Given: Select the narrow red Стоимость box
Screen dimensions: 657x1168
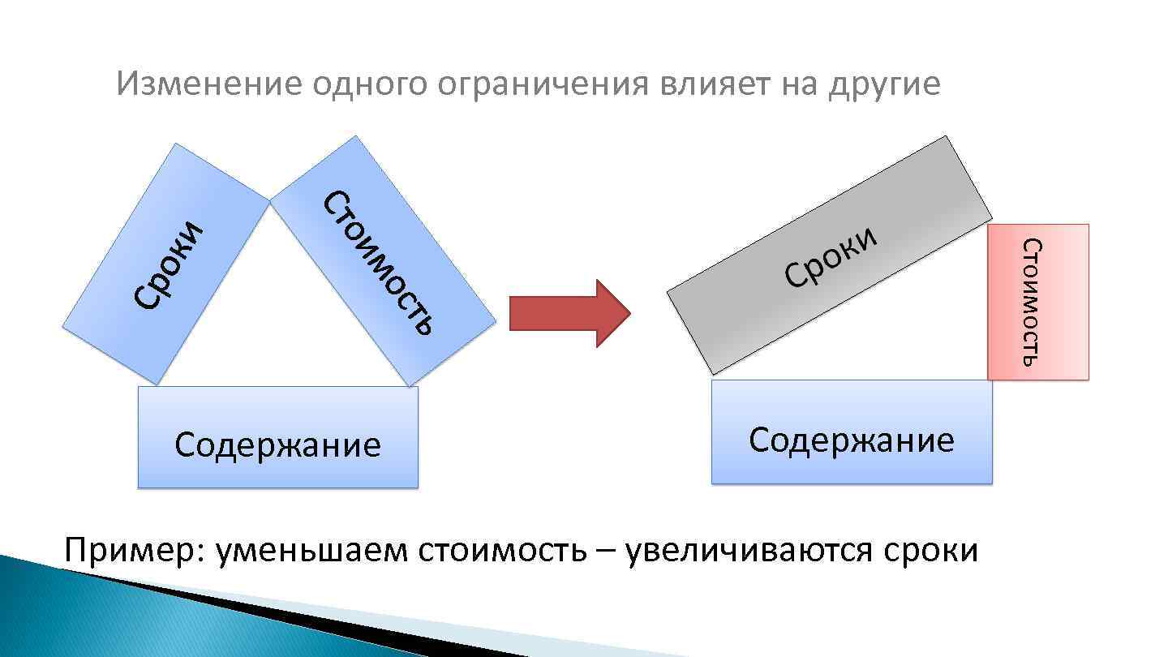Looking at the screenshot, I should [1037, 302].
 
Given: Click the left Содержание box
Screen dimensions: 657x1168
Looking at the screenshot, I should [277, 437].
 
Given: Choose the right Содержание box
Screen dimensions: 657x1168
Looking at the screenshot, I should [851, 432].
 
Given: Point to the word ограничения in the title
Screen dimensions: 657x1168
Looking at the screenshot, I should [536, 84].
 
